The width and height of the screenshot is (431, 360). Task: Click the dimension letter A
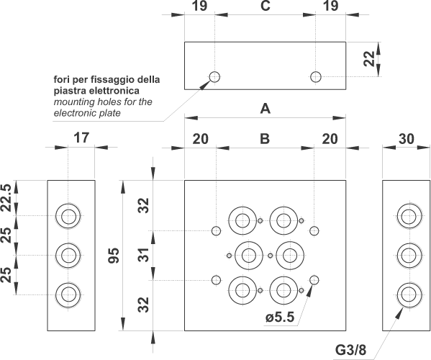[x=266, y=109]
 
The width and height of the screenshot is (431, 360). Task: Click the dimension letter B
[x=265, y=139]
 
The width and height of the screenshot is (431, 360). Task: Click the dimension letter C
[x=266, y=6]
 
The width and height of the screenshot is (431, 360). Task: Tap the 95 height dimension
[x=114, y=256]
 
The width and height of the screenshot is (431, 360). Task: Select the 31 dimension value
[x=143, y=255]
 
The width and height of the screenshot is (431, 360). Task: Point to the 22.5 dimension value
[x=6, y=198]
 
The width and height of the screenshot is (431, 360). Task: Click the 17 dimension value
[x=81, y=138]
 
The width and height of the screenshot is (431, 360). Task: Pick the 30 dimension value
[x=407, y=139]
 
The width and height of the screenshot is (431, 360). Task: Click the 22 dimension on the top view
[x=369, y=59]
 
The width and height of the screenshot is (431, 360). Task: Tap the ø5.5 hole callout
[x=280, y=318]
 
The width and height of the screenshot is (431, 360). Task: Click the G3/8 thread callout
[x=350, y=350]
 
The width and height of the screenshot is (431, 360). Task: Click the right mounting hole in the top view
[x=316, y=77]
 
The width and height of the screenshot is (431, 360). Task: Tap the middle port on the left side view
[x=68, y=256]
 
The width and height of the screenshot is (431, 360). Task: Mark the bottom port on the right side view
[x=409, y=294]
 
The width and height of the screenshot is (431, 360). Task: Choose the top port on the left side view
[x=68, y=216]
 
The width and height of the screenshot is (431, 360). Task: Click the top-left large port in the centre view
[x=242, y=220]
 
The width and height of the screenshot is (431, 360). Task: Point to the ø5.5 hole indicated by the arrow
[x=314, y=280]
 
